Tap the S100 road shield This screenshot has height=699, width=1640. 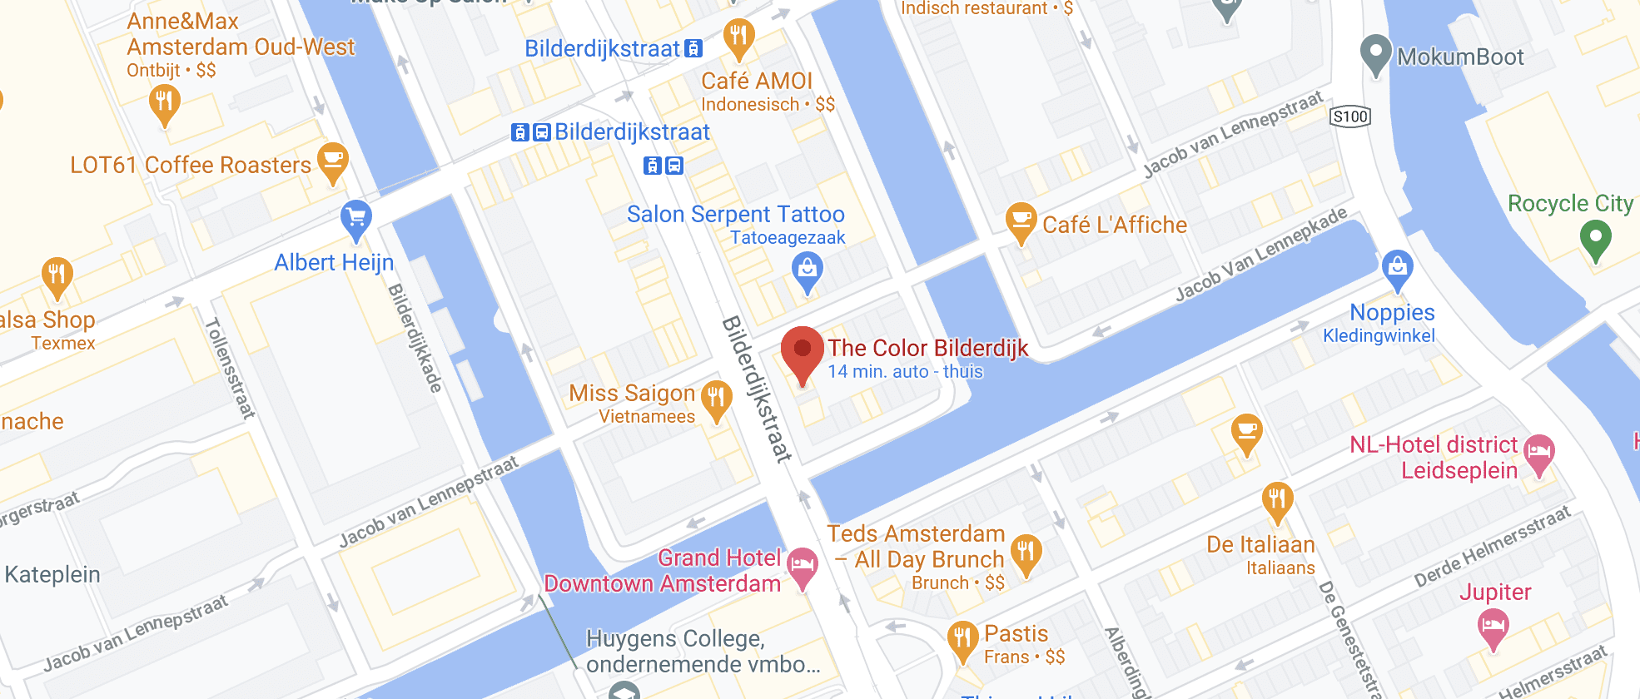(x=1350, y=116)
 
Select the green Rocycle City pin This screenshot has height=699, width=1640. (x=1595, y=238)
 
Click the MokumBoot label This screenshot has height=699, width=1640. (x=1460, y=57)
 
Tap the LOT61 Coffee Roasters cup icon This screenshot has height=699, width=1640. (x=333, y=161)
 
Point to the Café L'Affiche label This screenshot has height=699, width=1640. (x=1114, y=225)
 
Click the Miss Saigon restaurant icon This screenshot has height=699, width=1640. (x=716, y=399)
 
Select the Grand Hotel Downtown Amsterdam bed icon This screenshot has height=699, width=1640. (x=803, y=565)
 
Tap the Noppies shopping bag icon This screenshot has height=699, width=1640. (x=1397, y=268)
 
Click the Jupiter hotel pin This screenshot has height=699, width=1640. (x=1493, y=626)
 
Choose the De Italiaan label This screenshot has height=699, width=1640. (x=1260, y=545)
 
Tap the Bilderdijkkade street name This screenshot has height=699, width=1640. (x=415, y=337)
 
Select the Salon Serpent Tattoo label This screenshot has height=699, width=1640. (x=735, y=215)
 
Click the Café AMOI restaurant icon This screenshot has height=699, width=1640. (x=738, y=37)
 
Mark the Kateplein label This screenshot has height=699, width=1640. (x=52, y=574)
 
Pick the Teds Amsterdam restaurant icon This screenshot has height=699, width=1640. (x=1026, y=553)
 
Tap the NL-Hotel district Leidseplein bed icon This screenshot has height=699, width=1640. (x=1538, y=453)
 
